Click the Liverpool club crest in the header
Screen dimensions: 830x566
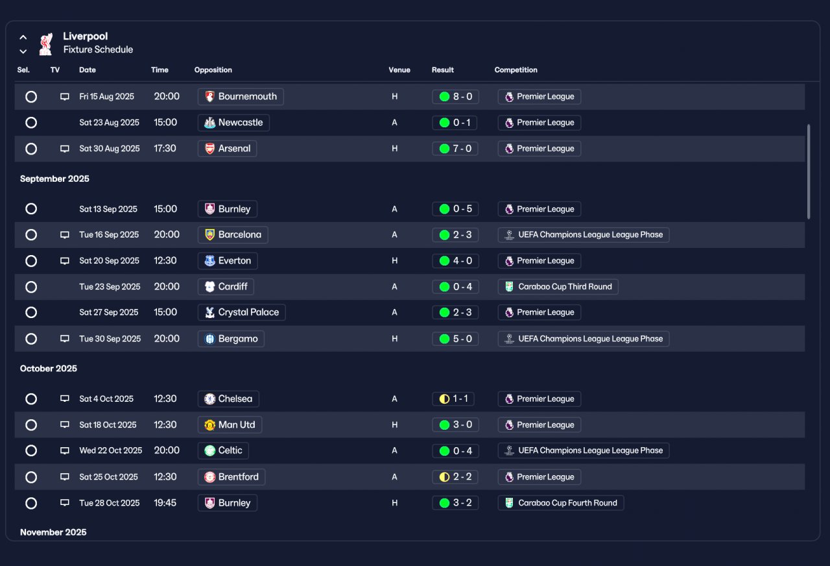pos(46,43)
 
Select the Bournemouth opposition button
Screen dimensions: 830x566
pos(241,97)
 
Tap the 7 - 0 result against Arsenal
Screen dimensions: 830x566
pos(455,149)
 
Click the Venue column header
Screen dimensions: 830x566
pos(399,69)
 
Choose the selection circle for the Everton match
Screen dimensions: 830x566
pos(31,261)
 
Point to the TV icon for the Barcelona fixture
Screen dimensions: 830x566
pos(65,235)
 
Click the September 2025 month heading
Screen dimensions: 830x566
pos(54,178)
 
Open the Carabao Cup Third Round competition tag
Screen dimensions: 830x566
pos(558,287)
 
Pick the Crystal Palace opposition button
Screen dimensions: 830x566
pos(242,312)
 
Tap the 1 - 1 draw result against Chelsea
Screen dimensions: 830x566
pos(453,399)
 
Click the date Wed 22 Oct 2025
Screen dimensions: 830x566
pos(110,450)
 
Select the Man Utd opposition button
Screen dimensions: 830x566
pos(230,425)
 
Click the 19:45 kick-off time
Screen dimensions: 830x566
pos(165,503)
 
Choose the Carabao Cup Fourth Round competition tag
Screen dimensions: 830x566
pos(561,503)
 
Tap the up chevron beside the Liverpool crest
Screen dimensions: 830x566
pos(23,37)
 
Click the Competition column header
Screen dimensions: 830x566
pos(516,69)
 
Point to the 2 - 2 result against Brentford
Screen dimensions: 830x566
pos(455,477)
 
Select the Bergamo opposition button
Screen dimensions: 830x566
pos(231,339)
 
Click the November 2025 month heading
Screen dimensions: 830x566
pos(53,532)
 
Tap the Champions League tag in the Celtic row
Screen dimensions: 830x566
pos(584,450)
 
